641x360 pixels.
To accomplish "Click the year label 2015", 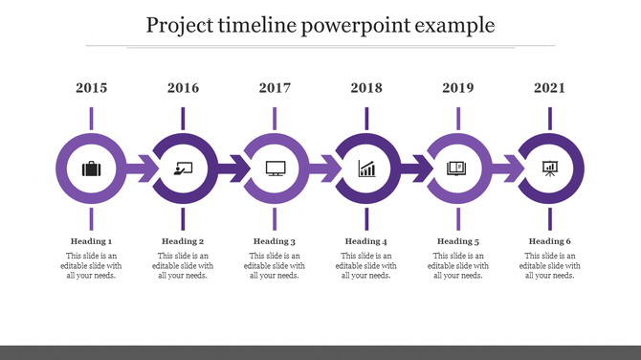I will (91, 88).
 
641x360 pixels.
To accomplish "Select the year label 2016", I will (183, 88).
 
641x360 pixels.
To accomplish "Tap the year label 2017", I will (275, 88).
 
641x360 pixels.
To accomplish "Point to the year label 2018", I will (366, 88).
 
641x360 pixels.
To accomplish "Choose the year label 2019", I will (458, 88).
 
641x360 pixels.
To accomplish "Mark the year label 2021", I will (550, 88).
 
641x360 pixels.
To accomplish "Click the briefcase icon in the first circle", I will (91, 169).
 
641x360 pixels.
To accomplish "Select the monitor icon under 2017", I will (275, 169).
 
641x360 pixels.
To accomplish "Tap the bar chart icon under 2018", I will (366, 169).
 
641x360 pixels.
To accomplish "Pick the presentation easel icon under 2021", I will (550, 169).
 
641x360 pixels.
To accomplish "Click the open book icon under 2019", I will (458, 169).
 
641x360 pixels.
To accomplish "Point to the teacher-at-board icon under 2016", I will (183, 169).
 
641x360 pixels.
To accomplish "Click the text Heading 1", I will (91, 241).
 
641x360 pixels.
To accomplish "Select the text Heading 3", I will (275, 241).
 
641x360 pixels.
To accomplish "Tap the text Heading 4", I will (366, 241).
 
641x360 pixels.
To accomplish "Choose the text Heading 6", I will (550, 241).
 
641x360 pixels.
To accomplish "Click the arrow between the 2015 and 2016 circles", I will (141, 169).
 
